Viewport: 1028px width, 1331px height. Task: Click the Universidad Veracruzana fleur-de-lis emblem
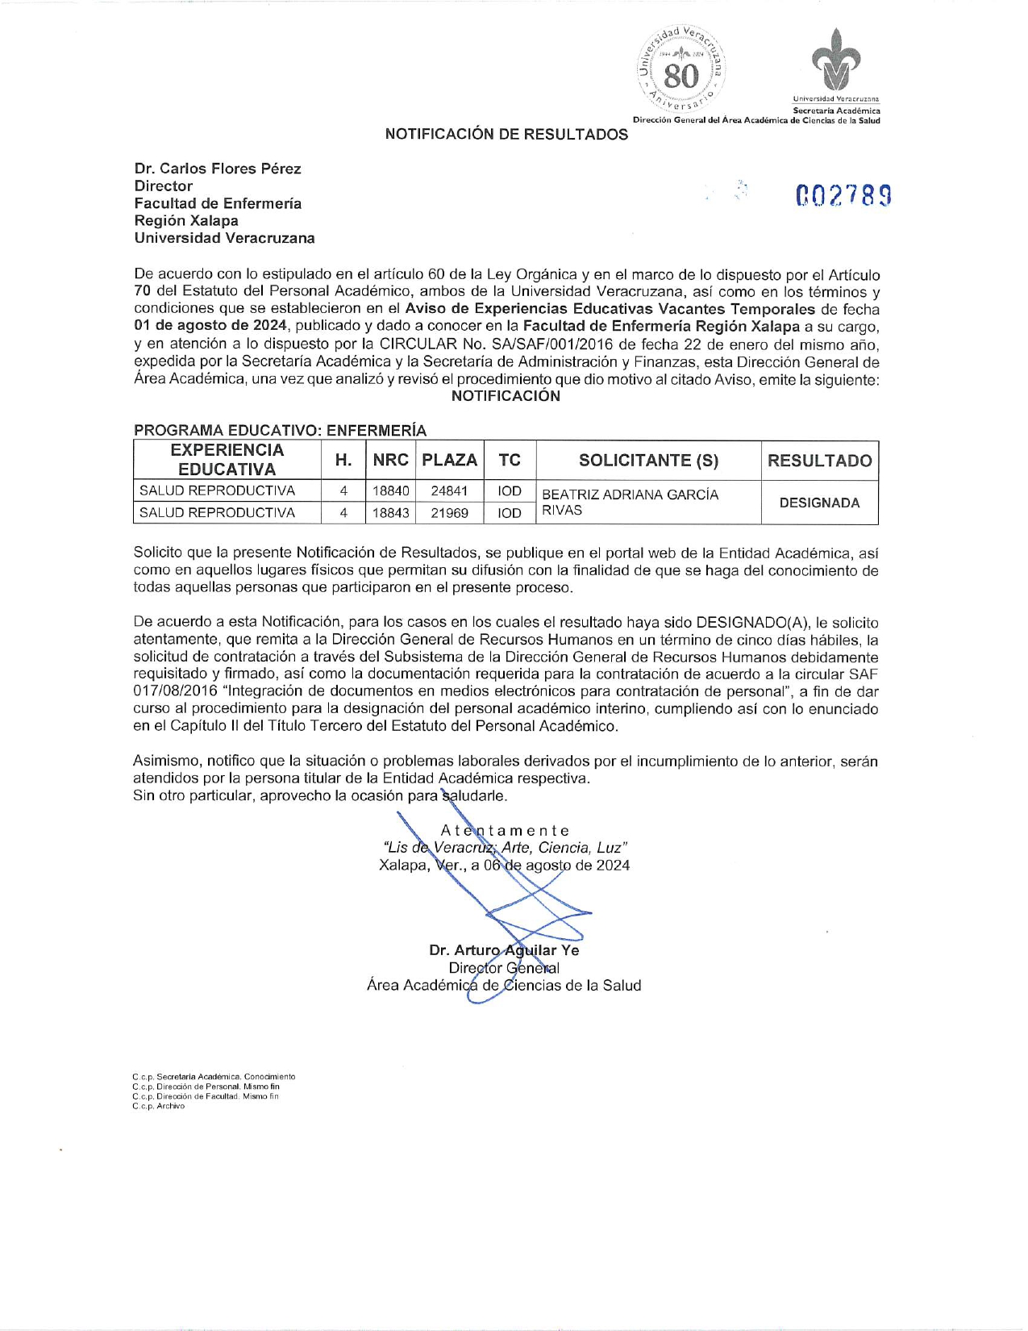click(835, 61)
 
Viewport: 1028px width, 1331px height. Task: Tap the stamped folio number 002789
click(843, 196)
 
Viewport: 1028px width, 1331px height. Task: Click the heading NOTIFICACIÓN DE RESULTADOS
click(506, 135)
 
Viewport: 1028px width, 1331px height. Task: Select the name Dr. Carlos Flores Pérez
click(218, 169)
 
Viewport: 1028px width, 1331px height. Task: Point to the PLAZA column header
click(449, 461)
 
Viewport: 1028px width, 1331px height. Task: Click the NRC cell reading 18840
click(391, 490)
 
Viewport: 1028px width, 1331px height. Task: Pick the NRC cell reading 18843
click(391, 513)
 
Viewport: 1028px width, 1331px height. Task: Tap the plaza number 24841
click(449, 490)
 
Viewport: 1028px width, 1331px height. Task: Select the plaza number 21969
click(449, 513)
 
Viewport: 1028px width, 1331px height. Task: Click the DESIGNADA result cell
click(819, 503)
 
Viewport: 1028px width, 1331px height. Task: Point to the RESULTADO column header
click(819, 461)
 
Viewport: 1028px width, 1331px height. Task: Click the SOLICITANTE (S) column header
click(648, 461)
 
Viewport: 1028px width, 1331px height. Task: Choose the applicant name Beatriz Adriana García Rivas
click(630, 502)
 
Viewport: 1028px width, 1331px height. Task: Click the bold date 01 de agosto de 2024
click(210, 326)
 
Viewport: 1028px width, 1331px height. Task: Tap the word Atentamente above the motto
click(506, 831)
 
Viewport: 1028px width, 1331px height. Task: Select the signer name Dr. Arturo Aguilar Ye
click(504, 950)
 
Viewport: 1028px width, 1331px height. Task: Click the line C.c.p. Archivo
click(159, 1106)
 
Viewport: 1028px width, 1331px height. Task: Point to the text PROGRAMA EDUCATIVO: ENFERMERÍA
click(280, 431)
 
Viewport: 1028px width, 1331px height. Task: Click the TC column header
click(510, 461)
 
